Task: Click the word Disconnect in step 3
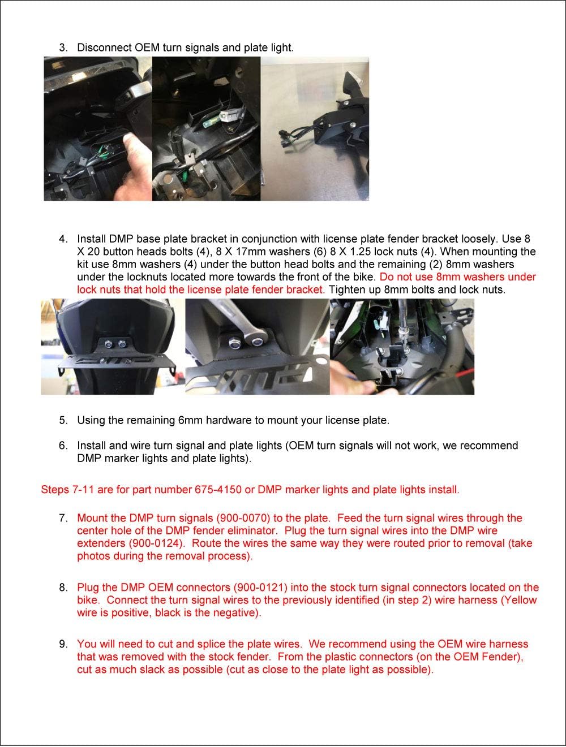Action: click(105, 48)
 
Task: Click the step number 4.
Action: click(63, 239)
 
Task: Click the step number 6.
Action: click(63, 446)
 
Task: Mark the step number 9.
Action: click(63, 644)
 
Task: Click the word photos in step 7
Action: click(93, 556)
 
